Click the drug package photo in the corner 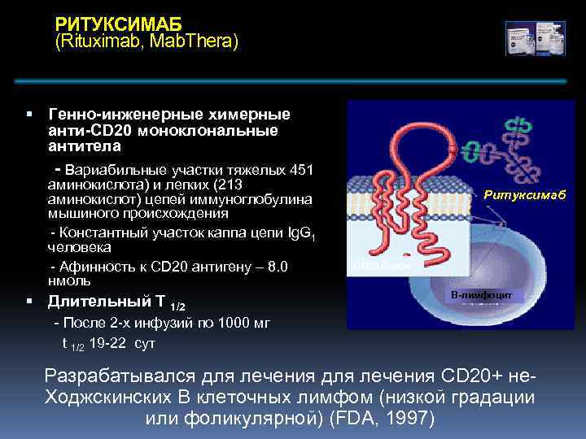535,37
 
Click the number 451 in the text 302,170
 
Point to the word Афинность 97,267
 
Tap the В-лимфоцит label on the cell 482,294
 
